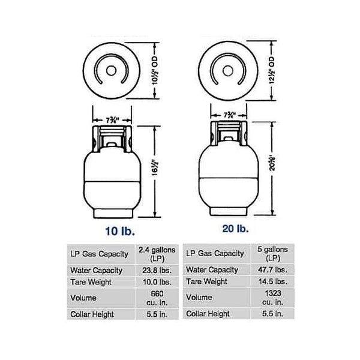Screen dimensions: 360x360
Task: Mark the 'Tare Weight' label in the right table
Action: pos(208,282)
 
